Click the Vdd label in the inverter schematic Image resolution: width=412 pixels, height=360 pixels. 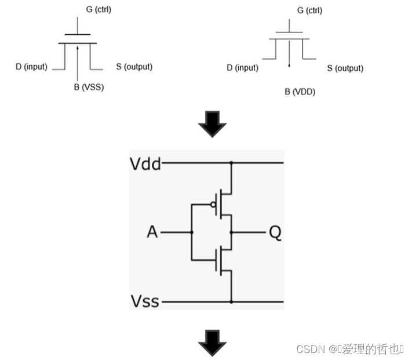click(x=145, y=163)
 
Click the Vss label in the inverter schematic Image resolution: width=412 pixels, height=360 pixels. click(x=144, y=302)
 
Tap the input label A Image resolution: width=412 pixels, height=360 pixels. click(x=152, y=232)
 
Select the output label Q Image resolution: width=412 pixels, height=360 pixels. click(x=275, y=232)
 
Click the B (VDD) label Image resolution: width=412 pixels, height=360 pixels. click(x=300, y=91)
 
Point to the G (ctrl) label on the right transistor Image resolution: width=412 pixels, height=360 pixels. click(x=309, y=10)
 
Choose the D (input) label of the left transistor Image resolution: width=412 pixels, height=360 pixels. click(x=31, y=67)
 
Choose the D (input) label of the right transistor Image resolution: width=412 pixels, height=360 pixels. click(x=242, y=68)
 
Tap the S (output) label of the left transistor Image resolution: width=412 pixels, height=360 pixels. click(x=134, y=67)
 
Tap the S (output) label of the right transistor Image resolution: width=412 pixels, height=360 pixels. click(x=345, y=68)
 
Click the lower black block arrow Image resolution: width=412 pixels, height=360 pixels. click(x=212, y=345)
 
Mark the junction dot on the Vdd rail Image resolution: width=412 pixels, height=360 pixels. click(x=231, y=163)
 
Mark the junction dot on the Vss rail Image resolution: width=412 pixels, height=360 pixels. click(x=231, y=302)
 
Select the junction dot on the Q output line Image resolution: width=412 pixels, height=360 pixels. click(x=231, y=232)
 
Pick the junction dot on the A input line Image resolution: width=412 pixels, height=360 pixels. click(x=191, y=232)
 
